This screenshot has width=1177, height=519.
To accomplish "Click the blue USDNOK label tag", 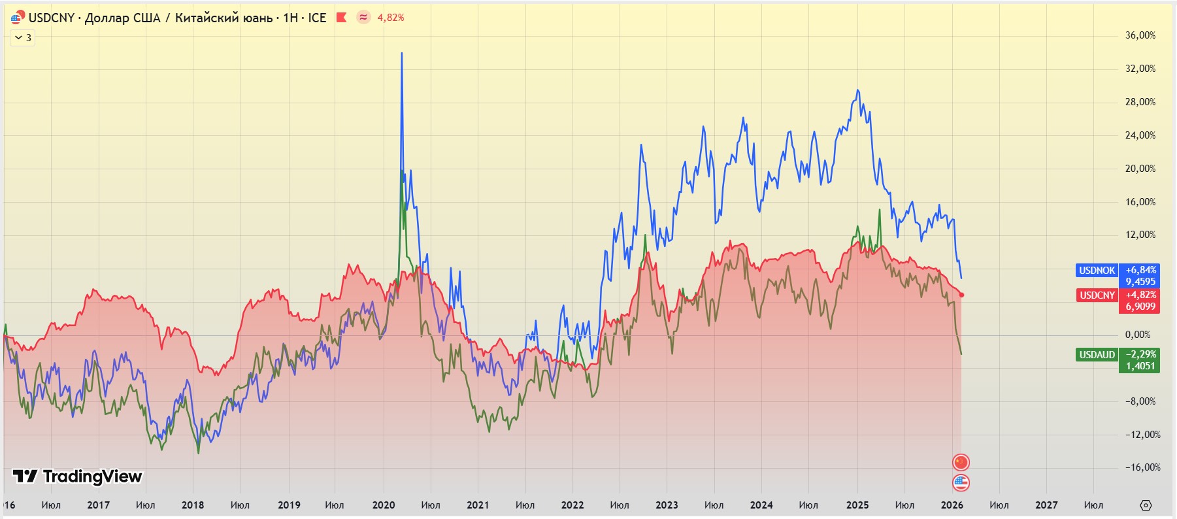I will click(x=1097, y=271).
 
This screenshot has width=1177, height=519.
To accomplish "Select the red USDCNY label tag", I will click(x=1097, y=295).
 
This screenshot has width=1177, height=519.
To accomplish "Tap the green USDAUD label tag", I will click(x=1097, y=355).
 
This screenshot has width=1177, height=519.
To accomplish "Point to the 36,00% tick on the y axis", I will click(x=1140, y=35).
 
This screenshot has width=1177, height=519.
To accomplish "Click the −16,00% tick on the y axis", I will click(x=1142, y=467).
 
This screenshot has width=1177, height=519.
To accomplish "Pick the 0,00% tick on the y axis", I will click(x=1137, y=335).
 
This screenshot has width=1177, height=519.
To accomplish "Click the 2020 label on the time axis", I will click(x=384, y=505).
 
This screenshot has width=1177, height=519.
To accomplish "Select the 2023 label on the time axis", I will click(x=667, y=505).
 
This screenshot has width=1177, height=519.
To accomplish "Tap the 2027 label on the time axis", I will click(x=1046, y=505).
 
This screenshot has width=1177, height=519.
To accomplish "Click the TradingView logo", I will click(x=78, y=477).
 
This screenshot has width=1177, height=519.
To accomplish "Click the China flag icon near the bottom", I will click(x=961, y=463).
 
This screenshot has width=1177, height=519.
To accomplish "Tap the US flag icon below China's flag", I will click(x=961, y=483).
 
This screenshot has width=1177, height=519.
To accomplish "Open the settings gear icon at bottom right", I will click(x=1146, y=505).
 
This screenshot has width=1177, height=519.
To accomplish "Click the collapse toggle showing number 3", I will click(x=23, y=38).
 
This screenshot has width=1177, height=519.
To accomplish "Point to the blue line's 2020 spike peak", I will click(x=401, y=54).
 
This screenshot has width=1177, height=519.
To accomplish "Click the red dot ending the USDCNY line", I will click(x=961, y=295).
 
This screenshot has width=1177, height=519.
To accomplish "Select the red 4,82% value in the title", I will click(x=391, y=18).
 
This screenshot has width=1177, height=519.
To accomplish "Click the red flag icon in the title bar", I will click(x=341, y=18).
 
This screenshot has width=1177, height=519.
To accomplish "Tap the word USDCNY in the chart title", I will click(x=52, y=18).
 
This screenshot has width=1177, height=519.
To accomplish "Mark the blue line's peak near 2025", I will click(x=857, y=90).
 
